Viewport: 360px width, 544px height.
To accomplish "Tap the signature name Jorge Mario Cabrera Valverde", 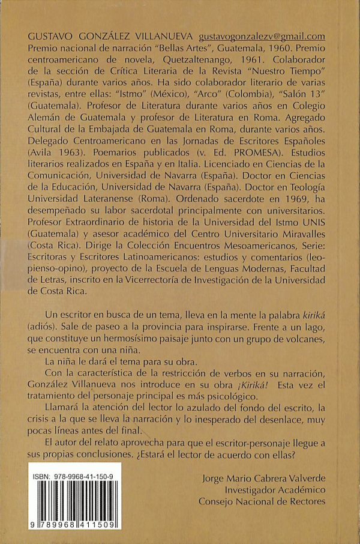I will (265, 479).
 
